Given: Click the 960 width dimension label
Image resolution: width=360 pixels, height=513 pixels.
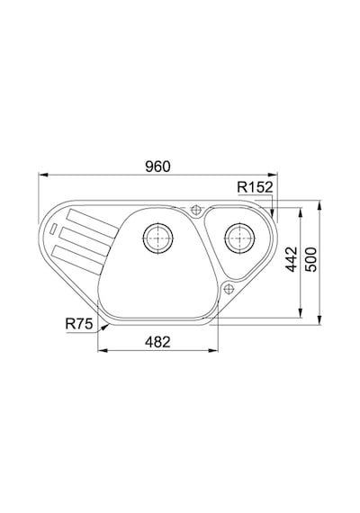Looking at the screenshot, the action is click(x=157, y=166).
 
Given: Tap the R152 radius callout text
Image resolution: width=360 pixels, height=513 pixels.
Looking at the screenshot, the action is click(x=255, y=187).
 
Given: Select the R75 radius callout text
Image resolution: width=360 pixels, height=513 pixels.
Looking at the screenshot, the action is click(x=79, y=324).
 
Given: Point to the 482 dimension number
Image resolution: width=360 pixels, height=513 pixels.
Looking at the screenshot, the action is click(x=157, y=342).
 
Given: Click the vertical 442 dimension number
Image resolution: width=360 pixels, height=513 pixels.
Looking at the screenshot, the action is click(x=292, y=259).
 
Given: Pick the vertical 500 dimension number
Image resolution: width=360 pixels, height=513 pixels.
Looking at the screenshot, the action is click(x=310, y=259).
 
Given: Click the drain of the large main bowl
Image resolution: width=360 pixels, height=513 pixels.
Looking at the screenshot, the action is click(x=158, y=238).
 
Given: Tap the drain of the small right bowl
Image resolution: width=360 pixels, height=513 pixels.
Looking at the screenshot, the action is click(x=239, y=238).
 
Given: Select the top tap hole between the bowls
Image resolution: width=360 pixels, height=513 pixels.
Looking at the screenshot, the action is click(x=196, y=209).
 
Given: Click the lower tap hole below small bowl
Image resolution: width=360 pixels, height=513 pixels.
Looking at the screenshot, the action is click(x=228, y=289).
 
